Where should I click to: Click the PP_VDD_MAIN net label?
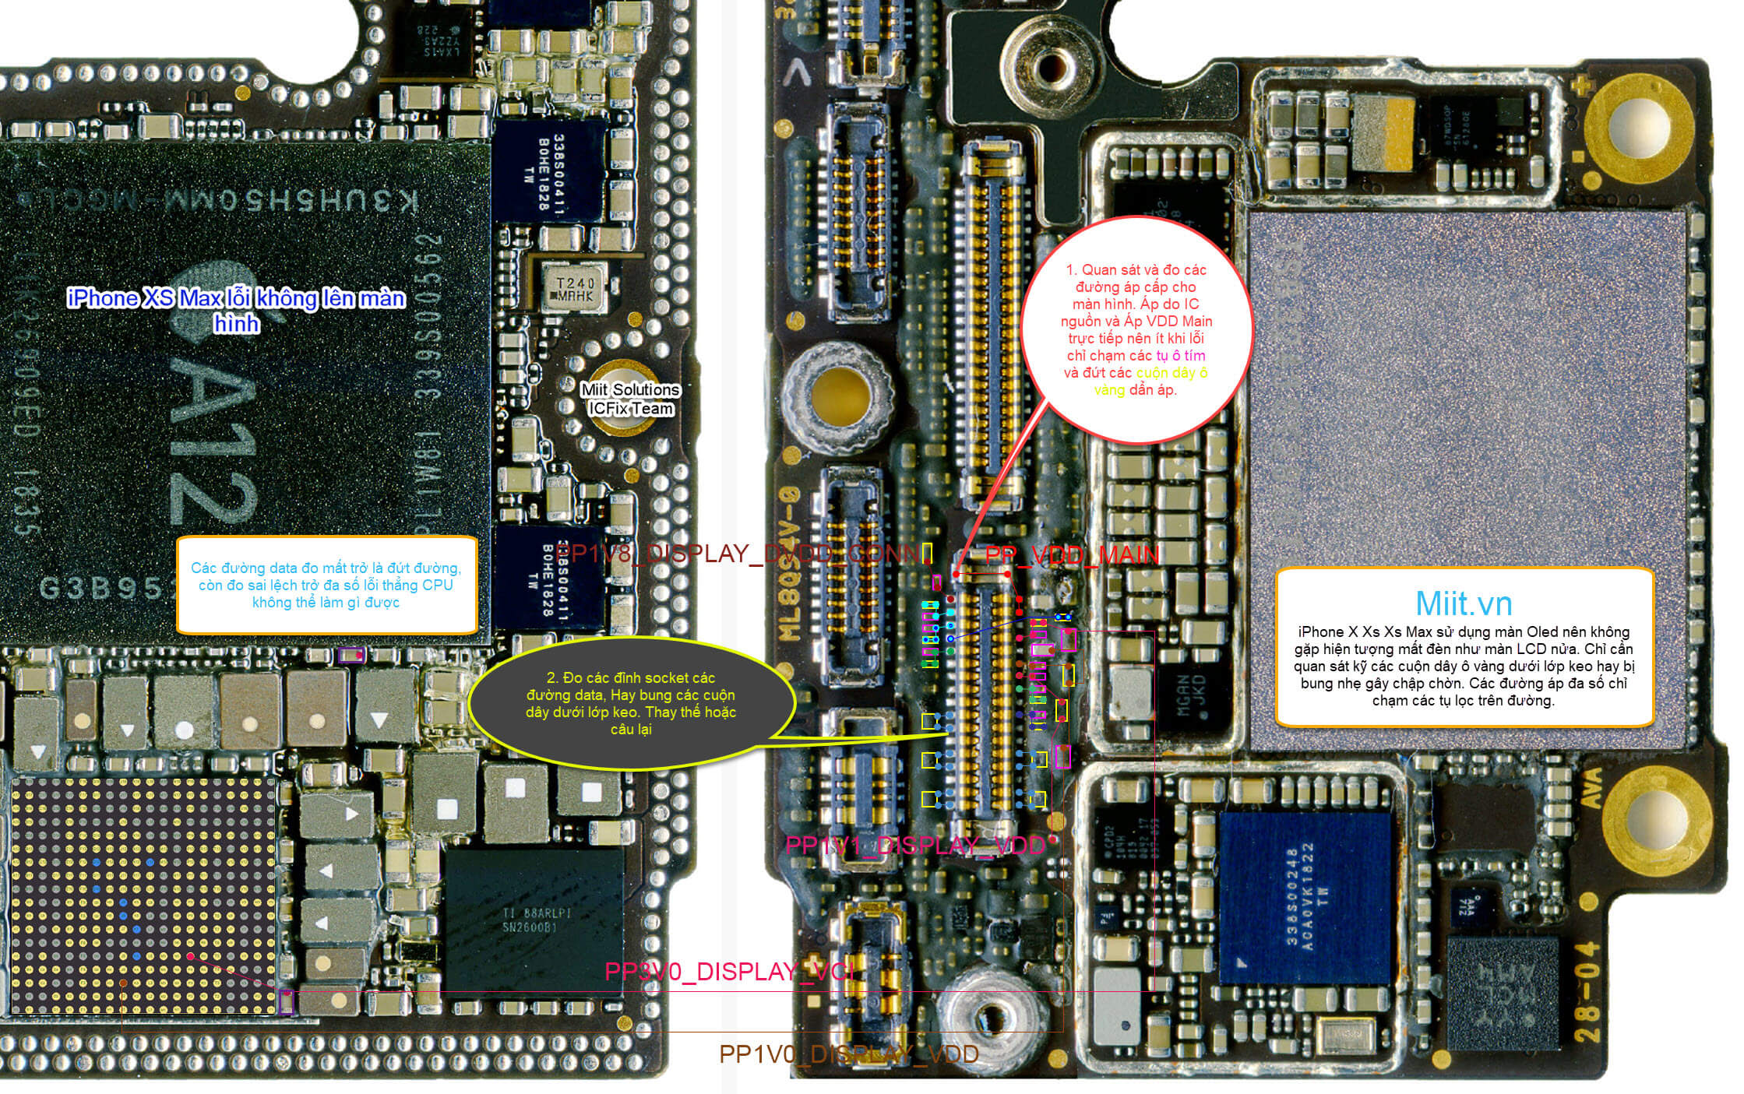pyautogui.click(x=1072, y=555)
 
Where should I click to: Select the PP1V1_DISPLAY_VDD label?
pyautogui.click(x=915, y=846)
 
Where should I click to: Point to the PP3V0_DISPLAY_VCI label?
pyautogui.click(x=729, y=972)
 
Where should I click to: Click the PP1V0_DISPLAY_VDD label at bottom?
pyautogui.click(x=848, y=1054)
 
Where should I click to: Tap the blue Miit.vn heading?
pyautogui.click(x=1464, y=603)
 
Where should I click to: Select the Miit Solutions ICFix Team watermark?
pyautogui.click(x=630, y=399)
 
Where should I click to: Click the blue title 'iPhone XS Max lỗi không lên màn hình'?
pyautogui.click(x=236, y=309)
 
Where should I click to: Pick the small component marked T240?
pyautogui.click(x=575, y=290)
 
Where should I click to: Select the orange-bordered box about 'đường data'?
pyautogui.click(x=326, y=585)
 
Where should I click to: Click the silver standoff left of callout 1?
pyautogui.click(x=834, y=396)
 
